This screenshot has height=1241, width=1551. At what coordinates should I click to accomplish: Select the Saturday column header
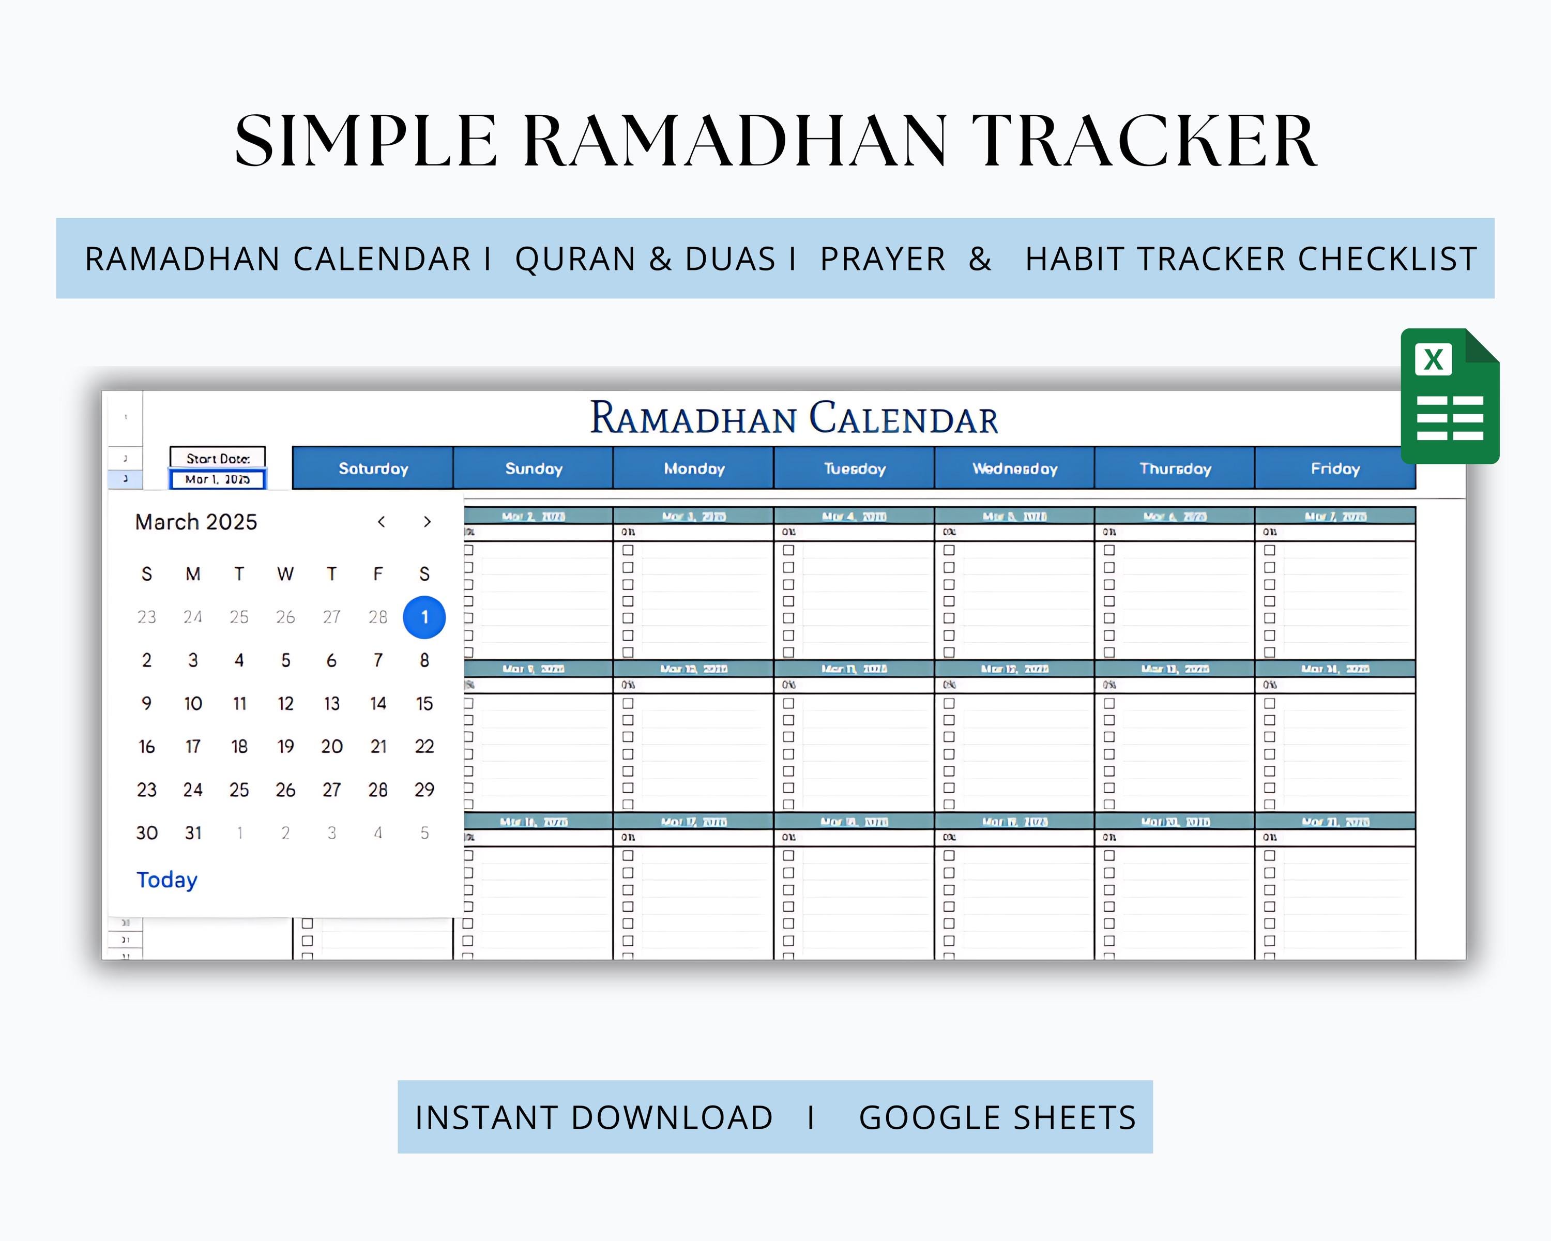click(373, 468)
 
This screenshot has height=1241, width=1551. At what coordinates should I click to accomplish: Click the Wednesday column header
click(1014, 468)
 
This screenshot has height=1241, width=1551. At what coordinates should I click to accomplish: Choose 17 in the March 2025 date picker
click(193, 747)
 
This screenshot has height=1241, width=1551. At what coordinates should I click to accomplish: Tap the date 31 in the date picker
click(193, 833)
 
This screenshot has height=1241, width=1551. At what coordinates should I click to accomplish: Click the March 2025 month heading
click(195, 522)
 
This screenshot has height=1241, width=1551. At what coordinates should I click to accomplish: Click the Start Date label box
click(217, 458)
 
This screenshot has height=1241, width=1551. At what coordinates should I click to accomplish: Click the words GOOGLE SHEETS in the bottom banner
click(997, 1117)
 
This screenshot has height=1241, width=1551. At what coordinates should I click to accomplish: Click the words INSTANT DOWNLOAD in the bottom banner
click(594, 1117)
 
